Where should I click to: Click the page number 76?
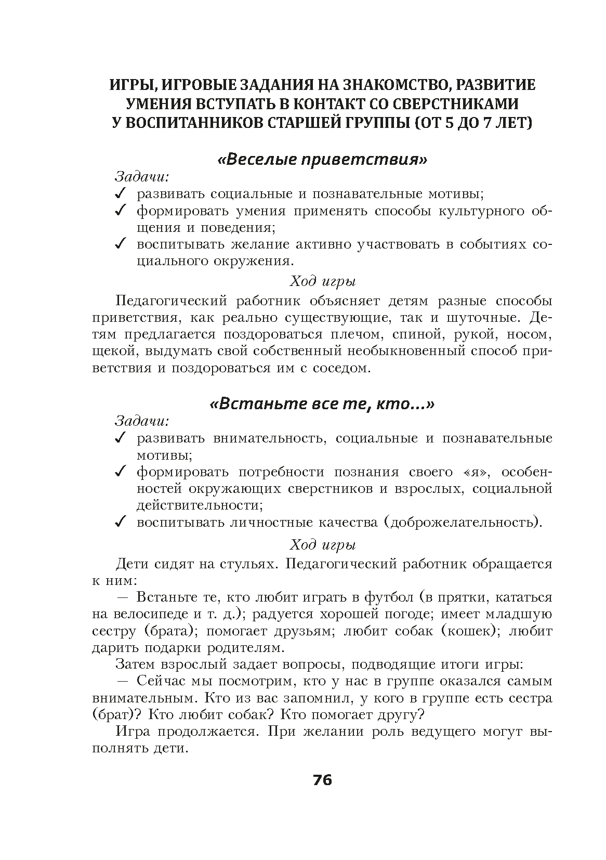[322, 780]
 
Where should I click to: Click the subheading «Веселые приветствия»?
[322, 159]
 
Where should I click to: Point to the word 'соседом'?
[342, 369]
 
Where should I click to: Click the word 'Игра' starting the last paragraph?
[133, 732]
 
